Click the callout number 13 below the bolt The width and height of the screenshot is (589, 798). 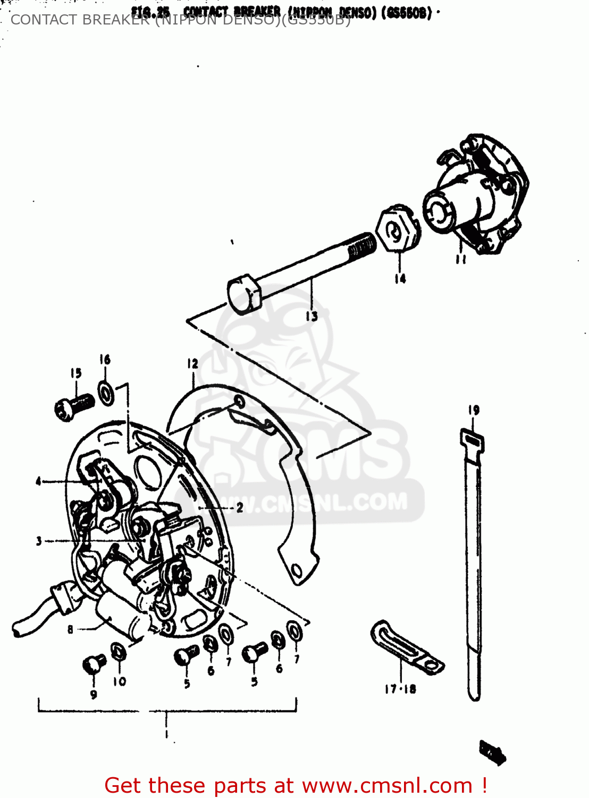[x=312, y=316]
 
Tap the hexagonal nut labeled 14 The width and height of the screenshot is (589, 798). [x=398, y=228]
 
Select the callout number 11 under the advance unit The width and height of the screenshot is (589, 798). [x=460, y=260]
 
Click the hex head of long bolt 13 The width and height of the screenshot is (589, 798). [x=244, y=294]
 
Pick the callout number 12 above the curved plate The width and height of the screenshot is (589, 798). [x=192, y=363]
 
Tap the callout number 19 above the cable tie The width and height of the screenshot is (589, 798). [x=474, y=410]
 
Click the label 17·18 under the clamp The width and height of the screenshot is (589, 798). [x=400, y=689]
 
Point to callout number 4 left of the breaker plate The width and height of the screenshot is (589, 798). [x=38, y=481]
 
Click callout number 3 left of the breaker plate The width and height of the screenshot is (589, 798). [x=38, y=541]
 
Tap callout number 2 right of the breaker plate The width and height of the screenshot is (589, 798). [x=240, y=508]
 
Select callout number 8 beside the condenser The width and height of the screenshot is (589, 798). [x=70, y=630]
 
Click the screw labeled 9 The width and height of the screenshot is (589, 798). [x=94, y=664]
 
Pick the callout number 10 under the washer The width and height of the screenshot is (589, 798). [x=119, y=681]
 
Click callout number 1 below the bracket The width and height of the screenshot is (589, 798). [x=167, y=734]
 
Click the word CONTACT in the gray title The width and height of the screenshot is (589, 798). [x=44, y=20]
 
